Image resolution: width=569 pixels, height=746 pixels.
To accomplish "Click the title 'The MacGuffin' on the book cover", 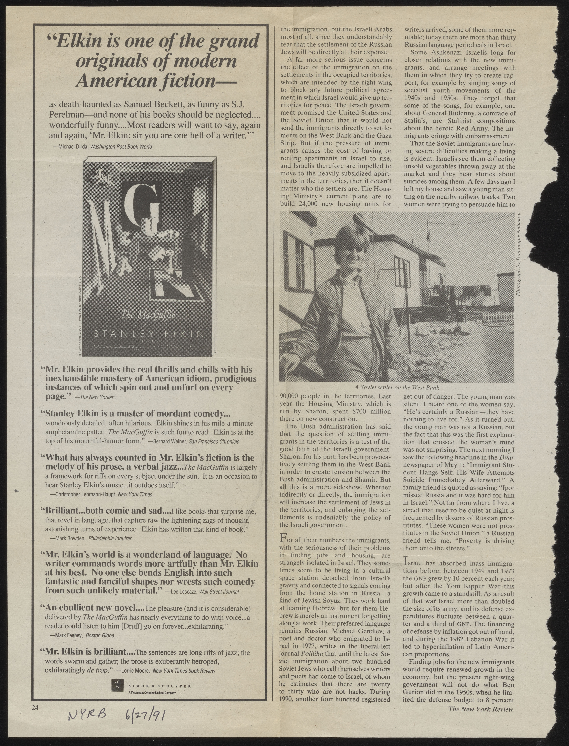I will pos(149,315).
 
